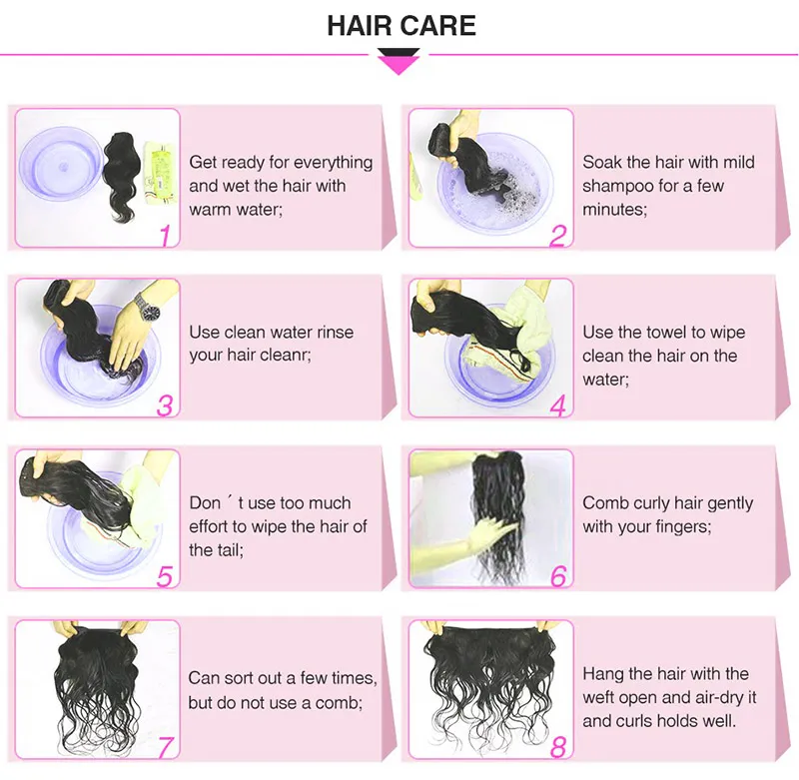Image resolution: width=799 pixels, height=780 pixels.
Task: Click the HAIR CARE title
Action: pyautogui.click(x=401, y=26)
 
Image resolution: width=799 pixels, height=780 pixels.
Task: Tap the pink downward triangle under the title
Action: pyautogui.click(x=399, y=65)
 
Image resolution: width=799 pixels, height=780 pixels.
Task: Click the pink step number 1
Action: pyautogui.click(x=166, y=236)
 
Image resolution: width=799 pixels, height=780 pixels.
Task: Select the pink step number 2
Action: pyautogui.click(x=558, y=236)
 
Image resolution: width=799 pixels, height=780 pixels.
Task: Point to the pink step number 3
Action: pyautogui.click(x=165, y=405)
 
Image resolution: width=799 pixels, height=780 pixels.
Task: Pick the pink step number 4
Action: pyautogui.click(x=558, y=406)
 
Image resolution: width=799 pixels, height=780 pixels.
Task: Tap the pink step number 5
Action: pyautogui.click(x=165, y=576)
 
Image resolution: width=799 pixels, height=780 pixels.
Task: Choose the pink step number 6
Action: pyautogui.click(x=558, y=576)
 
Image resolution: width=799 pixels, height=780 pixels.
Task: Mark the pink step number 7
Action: pyautogui.click(x=166, y=747)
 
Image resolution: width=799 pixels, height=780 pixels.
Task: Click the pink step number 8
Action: pyautogui.click(x=558, y=747)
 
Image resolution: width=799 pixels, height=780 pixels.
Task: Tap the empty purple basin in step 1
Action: pyautogui.click(x=61, y=164)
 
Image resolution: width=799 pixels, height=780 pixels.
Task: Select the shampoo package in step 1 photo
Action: pyautogui.click(x=159, y=173)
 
